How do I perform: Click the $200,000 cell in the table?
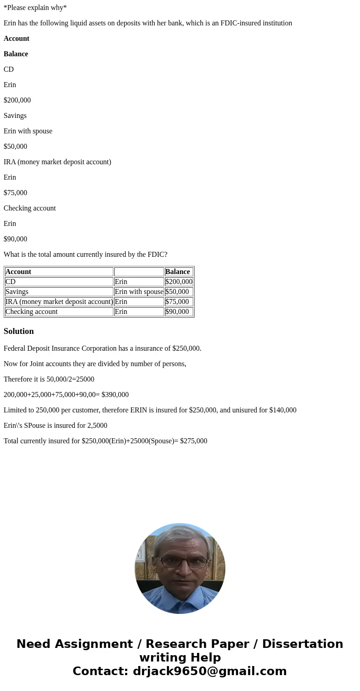coord(179,282)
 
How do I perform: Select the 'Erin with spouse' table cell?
coord(139,292)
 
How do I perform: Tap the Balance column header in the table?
coord(178,272)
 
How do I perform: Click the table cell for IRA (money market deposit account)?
coord(59,302)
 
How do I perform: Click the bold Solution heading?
coord(19,331)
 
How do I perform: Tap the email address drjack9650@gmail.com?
coord(209,671)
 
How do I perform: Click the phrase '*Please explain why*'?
coord(35,8)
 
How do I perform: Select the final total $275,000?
coord(194,441)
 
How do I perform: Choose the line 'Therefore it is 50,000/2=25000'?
coord(49,379)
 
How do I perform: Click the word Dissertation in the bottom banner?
coord(302,644)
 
